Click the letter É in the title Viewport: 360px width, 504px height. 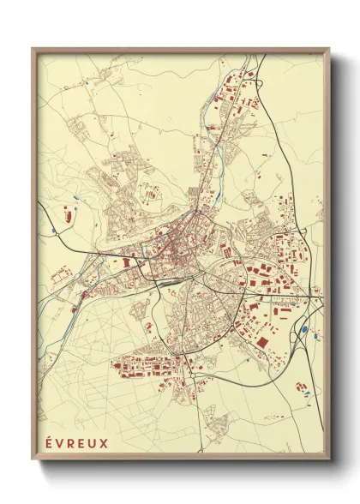tap(45, 443)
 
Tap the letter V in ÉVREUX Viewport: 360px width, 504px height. tap(54, 443)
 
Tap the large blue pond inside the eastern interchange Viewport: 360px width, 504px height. tap(303, 328)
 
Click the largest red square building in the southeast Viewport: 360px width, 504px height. tap(259, 343)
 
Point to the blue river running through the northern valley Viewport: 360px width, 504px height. tap(225, 154)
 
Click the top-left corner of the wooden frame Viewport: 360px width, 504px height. tap(33, 49)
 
